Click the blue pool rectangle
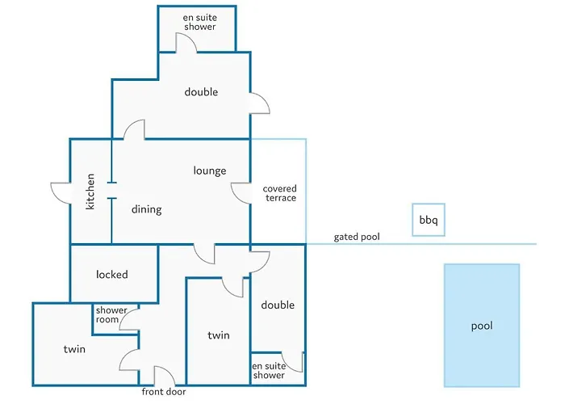[481, 326]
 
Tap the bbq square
[428, 220]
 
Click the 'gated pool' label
[357, 238]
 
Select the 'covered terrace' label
[279, 193]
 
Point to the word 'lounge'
[210, 171]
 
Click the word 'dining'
[147, 209]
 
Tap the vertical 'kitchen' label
[90, 191]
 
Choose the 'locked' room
[112, 275]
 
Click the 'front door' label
[163, 392]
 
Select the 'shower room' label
[111, 315]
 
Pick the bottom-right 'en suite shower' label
[269, 371]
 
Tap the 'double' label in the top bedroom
[201, 92]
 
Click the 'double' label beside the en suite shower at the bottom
[278, 305]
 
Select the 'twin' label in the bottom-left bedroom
[74, 349]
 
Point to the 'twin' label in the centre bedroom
[219, 335]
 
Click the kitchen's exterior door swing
[61, 193]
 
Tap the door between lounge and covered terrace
[241, 192]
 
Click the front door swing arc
[164, 375]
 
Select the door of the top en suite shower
[187, 44]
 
